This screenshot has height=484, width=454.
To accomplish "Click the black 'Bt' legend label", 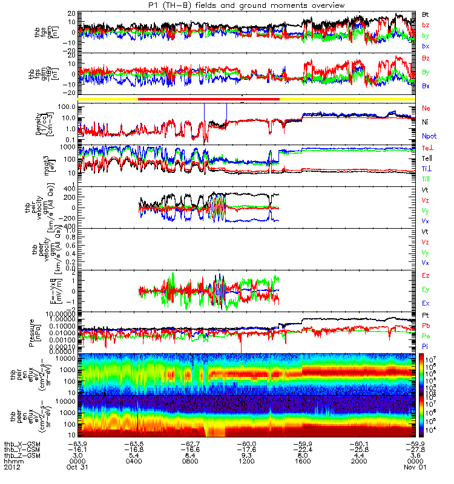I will coord(426,14).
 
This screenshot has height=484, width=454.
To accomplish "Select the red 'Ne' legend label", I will coord(426,108).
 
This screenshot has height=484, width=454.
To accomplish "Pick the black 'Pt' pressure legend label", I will coord(426,315).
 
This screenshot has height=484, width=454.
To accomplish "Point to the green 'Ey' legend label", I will coord(426,290).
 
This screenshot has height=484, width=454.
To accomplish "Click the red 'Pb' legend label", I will coord(426,326).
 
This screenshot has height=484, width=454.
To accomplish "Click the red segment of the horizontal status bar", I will coord(209,98).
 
